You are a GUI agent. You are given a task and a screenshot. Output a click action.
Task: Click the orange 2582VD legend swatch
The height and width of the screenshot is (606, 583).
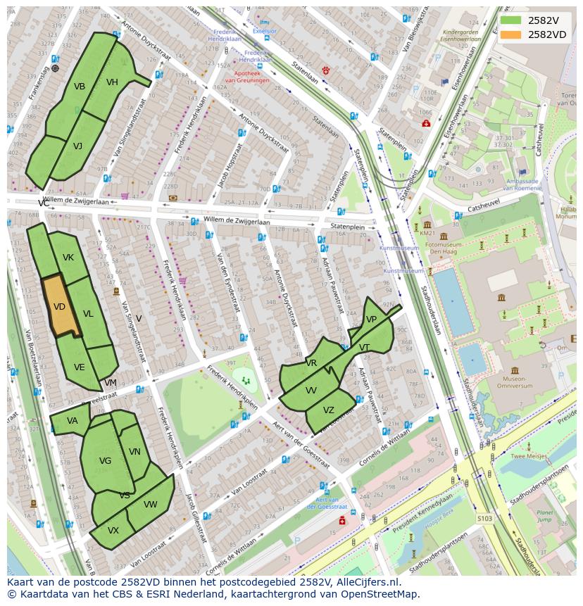click(511, 34)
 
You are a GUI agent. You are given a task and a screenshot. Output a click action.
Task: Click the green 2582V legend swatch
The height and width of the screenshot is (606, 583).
click(511, 20)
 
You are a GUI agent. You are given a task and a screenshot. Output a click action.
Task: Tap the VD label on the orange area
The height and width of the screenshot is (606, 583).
click(59, 307)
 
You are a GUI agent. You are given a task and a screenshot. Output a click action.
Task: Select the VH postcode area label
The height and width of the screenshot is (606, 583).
click(112, 82)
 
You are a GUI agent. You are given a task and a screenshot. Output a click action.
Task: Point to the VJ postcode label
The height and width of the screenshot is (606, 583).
click(77, 146)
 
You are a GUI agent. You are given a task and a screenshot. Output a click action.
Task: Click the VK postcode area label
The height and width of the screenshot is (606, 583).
click(68, 258)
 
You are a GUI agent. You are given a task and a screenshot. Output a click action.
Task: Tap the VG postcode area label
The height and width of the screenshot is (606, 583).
click(105, 461)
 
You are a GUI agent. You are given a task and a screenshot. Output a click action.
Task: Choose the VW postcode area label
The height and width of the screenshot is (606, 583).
click(150, 505)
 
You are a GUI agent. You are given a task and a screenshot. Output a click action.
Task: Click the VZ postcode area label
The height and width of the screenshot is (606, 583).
click(329, 410)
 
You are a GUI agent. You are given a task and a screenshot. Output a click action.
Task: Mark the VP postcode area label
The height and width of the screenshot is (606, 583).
click(371, 320)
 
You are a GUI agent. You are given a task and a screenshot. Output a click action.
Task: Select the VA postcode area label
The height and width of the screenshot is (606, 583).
click(73, 421)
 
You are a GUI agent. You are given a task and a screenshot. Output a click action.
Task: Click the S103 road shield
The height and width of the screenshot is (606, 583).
click(484, 518)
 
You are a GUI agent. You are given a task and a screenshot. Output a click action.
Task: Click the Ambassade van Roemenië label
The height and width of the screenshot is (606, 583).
click(522, 184)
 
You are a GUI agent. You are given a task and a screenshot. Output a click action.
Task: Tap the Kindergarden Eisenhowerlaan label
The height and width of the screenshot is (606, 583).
click(461, 35)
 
